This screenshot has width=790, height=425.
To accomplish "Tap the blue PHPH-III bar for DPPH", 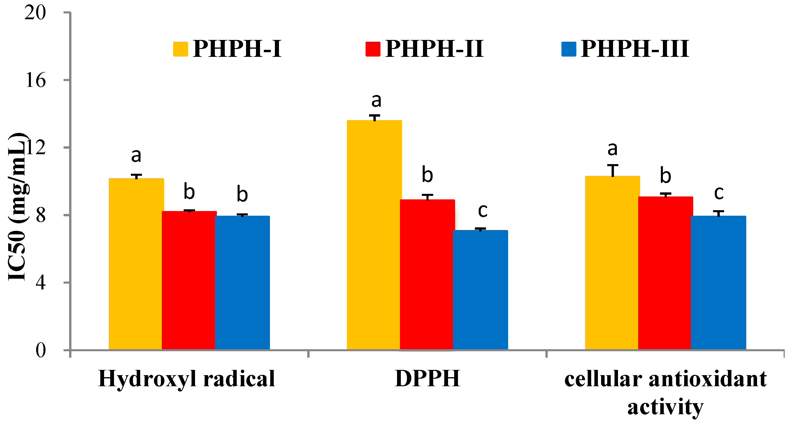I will (x=480, y=289).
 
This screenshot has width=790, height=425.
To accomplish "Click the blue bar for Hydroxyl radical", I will (x=242, y=282).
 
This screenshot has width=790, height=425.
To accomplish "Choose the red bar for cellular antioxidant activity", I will (x=665, y=273).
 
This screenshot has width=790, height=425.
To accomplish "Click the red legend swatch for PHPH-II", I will (x=373, y=49).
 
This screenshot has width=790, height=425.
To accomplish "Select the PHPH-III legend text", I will (x=635, y=49).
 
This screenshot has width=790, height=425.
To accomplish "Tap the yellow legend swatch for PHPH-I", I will (x=180, y=49).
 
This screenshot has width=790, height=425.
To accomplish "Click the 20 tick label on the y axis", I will (x=35, y=13).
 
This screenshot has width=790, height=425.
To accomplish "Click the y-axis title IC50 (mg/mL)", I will (x=18, y=207).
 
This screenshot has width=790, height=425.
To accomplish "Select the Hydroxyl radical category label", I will (x=187, y=379).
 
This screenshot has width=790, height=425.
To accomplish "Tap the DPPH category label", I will (x=428, y=379).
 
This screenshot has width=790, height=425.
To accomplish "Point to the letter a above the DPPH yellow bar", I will (x=376, y=101).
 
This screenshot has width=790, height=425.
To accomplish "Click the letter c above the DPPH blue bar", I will (x=483, y=211).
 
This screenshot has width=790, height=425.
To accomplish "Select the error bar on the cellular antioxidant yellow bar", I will (x=612, y=171).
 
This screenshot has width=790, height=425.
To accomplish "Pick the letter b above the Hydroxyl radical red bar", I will (x=189, y=192).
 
